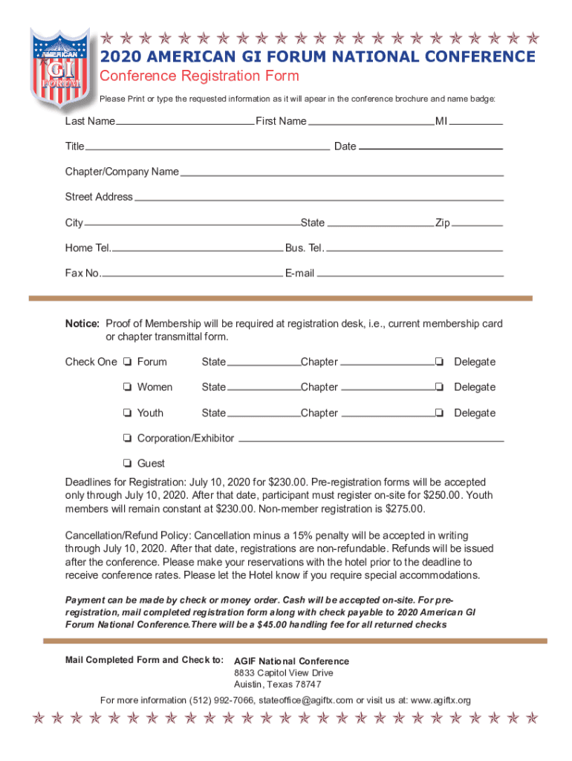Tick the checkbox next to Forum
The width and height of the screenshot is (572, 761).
pos(129,363)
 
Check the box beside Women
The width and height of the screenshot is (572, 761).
pos(129,388)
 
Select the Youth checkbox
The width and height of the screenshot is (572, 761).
pos(129,413)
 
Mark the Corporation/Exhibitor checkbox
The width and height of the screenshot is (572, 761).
pos(129,438)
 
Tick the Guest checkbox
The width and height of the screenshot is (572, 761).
pos(129,464)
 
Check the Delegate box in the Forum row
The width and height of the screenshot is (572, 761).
pos(440,363)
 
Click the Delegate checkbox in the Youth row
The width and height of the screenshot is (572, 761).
pos(440,413)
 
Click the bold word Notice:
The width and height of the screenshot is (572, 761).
pos(82,324)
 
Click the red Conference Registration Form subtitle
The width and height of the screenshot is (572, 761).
pos(199,76)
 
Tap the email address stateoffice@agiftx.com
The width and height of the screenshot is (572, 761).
pos(306,700)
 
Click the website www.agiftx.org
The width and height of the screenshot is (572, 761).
pos(441,700)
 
